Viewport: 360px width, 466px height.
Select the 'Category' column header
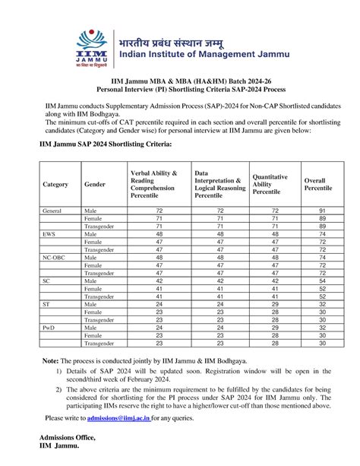(x=55, y=185)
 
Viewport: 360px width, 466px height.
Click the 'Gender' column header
(x=95, y=185)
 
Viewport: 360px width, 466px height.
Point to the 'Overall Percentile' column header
(x=317, y=184)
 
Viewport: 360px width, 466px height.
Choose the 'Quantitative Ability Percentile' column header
(x=270, y=184)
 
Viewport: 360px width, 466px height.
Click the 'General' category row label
(x=52, y=209)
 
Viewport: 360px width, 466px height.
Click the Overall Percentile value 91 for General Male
(x=323, y=209)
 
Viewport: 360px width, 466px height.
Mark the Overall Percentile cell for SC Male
(x=323, y=281)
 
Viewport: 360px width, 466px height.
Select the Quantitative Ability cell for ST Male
(x=274, y=303)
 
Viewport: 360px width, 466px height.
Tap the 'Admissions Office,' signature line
(x=69, y=437)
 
